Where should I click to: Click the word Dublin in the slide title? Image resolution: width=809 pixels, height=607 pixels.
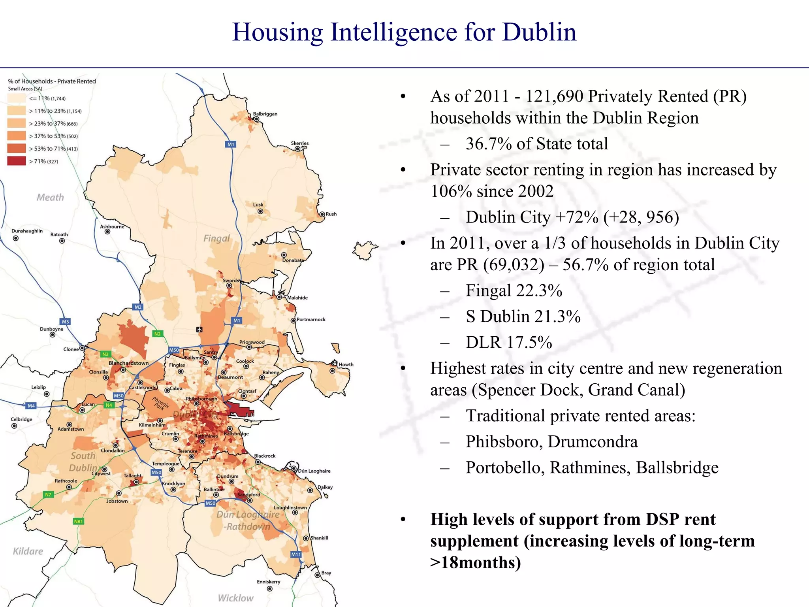click(x=539, y=32)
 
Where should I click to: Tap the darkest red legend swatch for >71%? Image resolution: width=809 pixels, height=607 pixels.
click(x=16, y=161)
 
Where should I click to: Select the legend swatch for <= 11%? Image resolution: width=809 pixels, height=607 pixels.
click(x=16, y=98)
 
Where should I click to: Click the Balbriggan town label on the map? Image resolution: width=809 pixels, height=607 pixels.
click(x=265, y=114)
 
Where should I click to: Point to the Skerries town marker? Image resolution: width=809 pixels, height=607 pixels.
click(x=297, y=149)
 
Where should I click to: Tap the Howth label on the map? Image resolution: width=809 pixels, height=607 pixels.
click(x=346, y=364)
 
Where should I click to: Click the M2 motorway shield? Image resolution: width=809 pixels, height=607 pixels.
click(x=138, y=307)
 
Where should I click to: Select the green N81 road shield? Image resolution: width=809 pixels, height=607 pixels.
click(x=79, y=521)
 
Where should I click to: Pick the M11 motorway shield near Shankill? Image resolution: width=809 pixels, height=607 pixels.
click(x=296, y=554)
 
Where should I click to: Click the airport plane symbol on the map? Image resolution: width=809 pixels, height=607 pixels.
click(x=199, y=329)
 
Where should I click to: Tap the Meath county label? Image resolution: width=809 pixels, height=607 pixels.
click(x=50, y=197)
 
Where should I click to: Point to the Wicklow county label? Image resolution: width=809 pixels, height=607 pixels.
click(x=235, y=598)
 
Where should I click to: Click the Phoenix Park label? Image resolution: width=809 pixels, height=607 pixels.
click(x=161, y=403)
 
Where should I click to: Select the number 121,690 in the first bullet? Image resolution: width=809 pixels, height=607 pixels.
click(x=554, y=96)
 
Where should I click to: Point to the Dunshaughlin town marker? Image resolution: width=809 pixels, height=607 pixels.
click(x=16, y=238)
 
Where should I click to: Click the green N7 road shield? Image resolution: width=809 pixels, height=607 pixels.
click(x=48, y=494)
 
